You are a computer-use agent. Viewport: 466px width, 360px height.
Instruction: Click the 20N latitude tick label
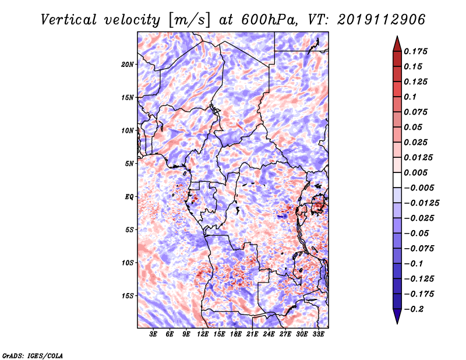click(128, 64)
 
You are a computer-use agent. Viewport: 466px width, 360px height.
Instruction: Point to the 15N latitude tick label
click(128, 97)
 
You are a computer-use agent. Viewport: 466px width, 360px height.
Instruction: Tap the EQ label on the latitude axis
click(129, 197)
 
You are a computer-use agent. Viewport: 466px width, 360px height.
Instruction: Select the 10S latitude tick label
click(128, 263)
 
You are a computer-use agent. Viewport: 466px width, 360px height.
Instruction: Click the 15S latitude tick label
click(128, 296)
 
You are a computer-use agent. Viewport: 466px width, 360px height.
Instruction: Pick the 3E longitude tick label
click(154, 334)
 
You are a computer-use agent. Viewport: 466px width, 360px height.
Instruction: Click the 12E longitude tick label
click(203, 334)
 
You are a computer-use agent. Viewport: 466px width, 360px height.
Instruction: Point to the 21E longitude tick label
click(252, 334)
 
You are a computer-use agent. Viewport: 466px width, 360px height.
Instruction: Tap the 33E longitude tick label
click(318, 334)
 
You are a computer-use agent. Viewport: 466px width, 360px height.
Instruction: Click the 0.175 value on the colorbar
click(418, 51)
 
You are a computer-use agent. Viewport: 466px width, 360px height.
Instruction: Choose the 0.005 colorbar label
click(418, 172)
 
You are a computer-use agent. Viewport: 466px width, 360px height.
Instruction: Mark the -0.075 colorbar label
click(420, 248)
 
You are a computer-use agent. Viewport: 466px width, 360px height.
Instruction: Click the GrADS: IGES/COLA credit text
click(32, 355)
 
